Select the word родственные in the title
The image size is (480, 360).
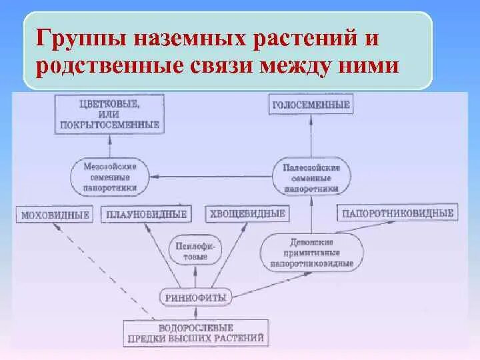coord(107,67)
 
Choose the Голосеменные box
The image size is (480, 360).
coord(311,105)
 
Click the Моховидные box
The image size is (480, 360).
coord(55,215)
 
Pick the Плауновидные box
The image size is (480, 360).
coord(145,215)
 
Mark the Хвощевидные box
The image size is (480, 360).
coord(247,214)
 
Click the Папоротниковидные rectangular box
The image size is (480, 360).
coord(397,213)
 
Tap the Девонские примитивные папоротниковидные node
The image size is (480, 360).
coord(312,253)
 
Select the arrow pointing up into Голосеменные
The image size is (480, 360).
coord(311,137)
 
